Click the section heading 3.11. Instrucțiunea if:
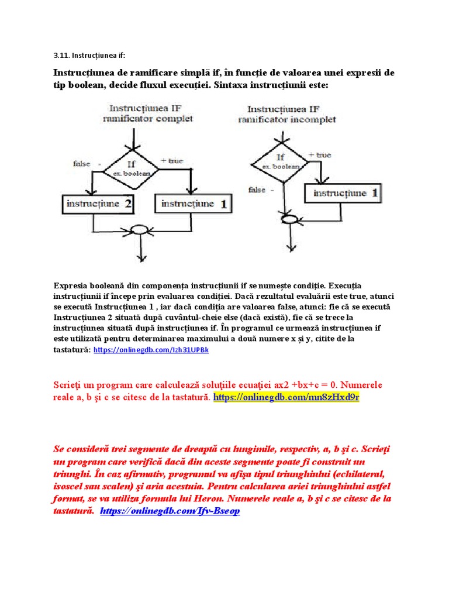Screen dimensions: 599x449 [x=89, y=56]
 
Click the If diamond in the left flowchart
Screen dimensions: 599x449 [x=135, y=168]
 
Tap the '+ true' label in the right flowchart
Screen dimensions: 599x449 [x=319, y=155]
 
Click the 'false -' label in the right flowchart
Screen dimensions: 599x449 [x=260, y=190]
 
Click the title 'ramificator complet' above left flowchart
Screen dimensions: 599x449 [x=147, y=119]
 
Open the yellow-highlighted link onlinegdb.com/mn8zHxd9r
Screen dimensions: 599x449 [x=286, y=397]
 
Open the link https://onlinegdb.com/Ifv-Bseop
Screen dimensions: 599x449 [x=170, y=511]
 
